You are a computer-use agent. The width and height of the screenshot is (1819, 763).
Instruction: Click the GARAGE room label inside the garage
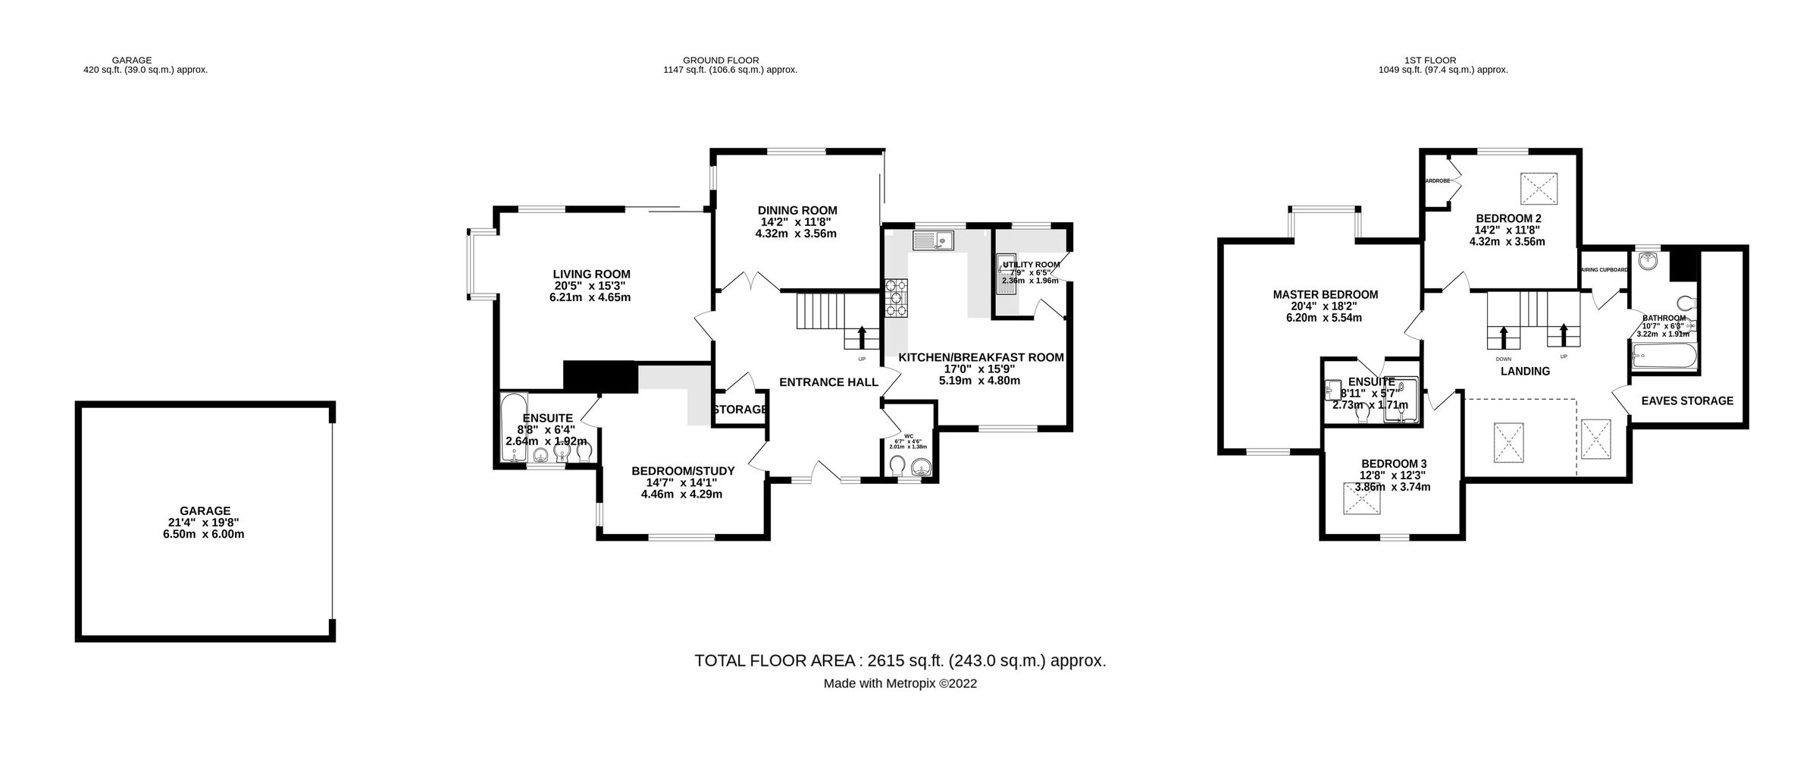tap(205, 511)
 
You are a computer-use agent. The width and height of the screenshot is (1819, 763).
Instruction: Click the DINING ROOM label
tap(797, 211)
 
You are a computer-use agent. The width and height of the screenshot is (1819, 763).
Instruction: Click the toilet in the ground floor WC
tap(897, 464)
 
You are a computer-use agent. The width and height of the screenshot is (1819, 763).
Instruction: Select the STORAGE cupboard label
tap(740, 410)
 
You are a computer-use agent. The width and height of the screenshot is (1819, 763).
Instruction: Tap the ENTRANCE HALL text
tap(828, 382)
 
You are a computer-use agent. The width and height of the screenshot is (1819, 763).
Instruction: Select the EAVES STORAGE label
tap(1687, 400)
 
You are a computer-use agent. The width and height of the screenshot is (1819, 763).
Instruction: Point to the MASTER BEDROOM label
tap(1325, 295)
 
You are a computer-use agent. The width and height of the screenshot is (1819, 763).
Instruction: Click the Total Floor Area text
tap(900, 660)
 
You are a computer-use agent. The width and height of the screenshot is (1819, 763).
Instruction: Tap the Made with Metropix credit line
tap(900, 683)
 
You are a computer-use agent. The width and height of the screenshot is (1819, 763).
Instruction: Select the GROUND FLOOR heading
tap(720, 60)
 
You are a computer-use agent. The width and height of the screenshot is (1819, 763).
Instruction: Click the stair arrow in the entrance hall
tap(862, 337)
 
